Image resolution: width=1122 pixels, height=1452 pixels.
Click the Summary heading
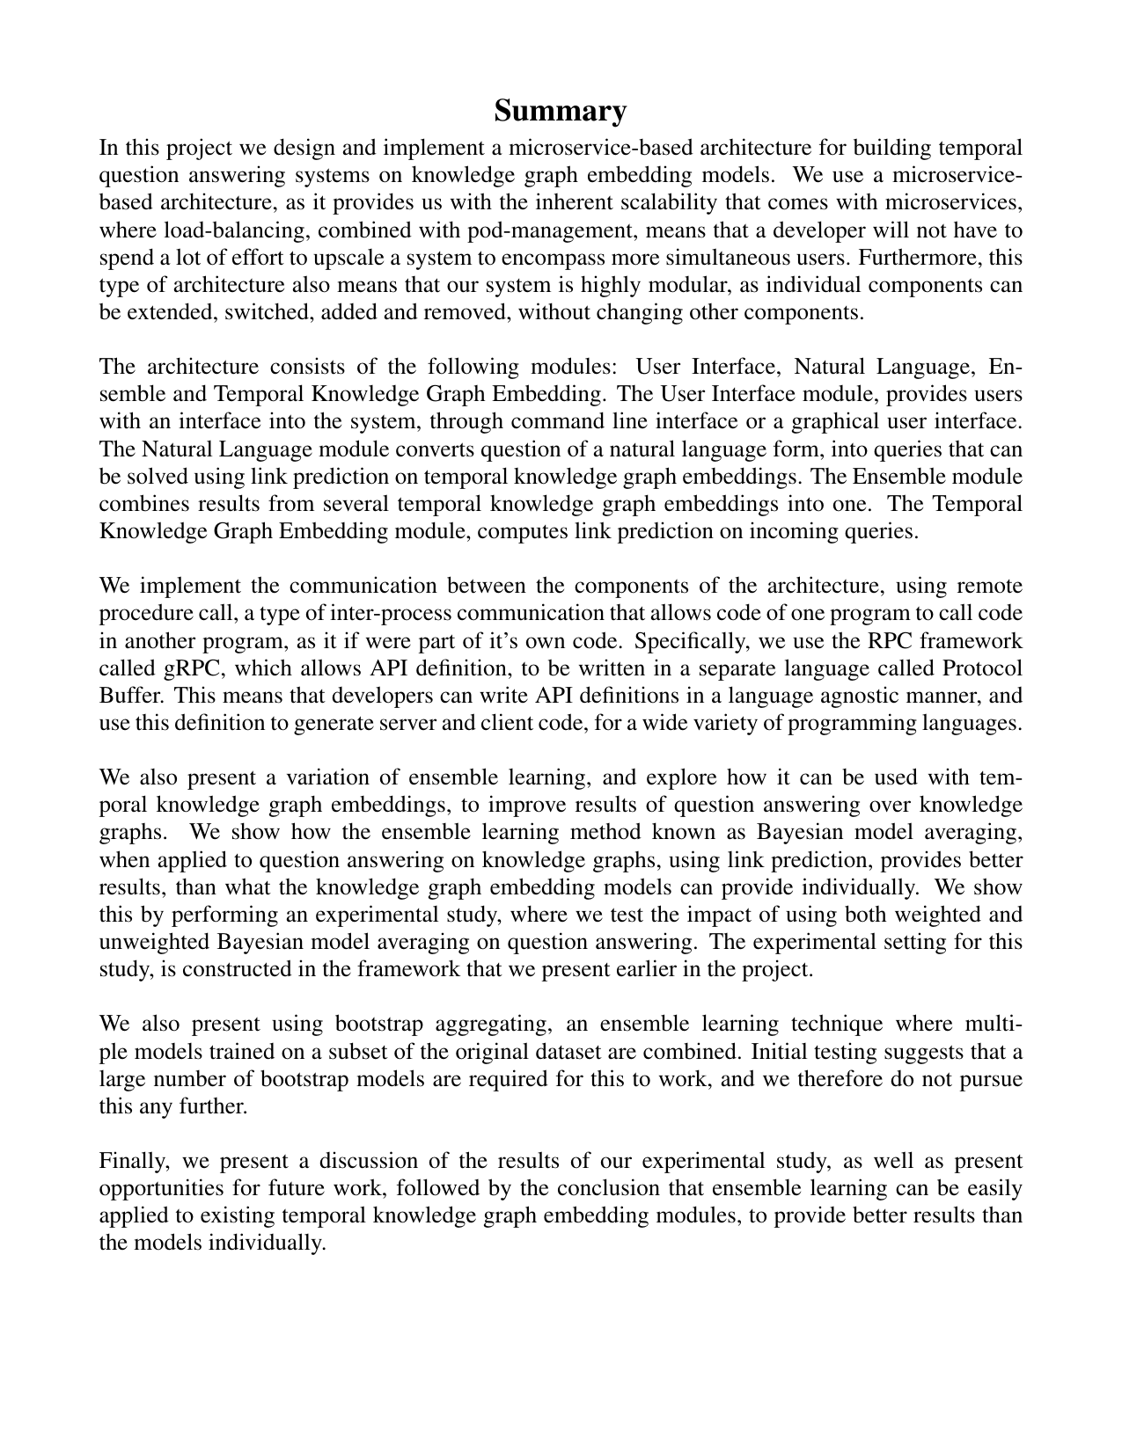pyautogui.click(x=560, y=112)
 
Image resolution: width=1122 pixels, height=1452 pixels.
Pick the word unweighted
pyautogui.click(x=152, y=942)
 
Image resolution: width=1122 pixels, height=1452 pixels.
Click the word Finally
pyautogui.click(x=131, y=1161)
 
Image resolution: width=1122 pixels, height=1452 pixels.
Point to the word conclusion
pyautogui.click(x=628, y=1188)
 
